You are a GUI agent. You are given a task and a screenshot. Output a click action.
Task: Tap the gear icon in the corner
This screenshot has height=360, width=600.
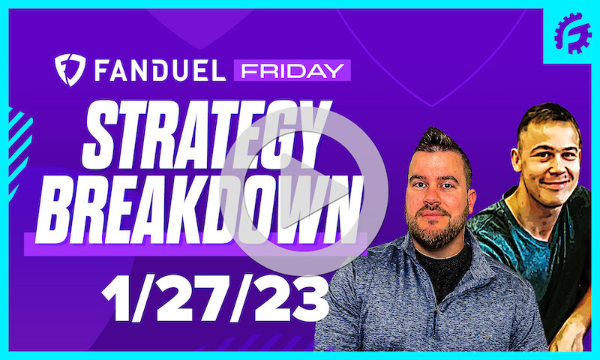(x=571, y=34)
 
